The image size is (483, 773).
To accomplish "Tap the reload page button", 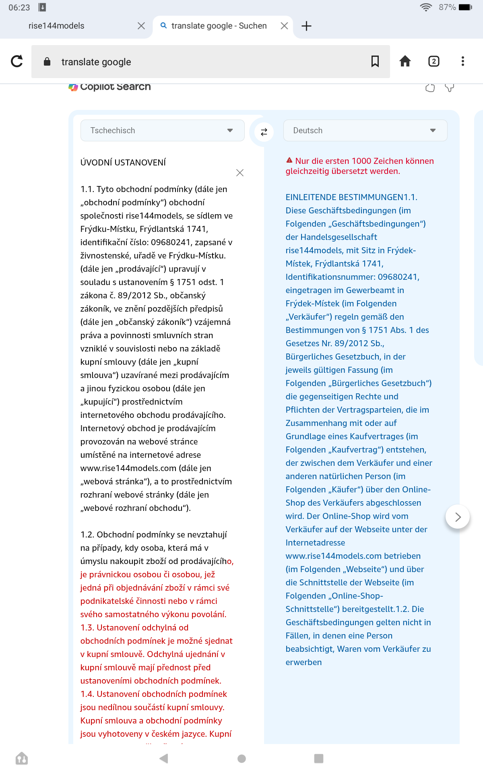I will pyautogui.click(x=17, y=61).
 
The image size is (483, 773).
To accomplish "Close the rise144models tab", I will pyautogui.click(x=141, y=26).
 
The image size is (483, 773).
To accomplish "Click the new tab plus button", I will pyautogui.click(x=306, y=26).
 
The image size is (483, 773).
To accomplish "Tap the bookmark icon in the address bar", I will pyautogui.click(x=375, y=61).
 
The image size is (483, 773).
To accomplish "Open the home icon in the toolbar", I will pyautogui.click(x=405, y=61).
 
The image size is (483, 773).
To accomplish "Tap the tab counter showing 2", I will pyautogui.click(x=433, y=61).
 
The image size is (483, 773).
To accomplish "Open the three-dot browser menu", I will pyautogui.click(x=463, y=61).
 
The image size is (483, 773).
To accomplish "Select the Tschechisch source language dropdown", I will pyautogui.click(x=162, y=130).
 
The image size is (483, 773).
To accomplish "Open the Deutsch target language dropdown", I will pyautogui.click(x=365, y=130).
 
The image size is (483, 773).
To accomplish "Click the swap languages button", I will pyautogui.click(x=264, y=132).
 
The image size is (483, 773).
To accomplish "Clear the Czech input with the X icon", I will pyautogui.click(x=240, y=173).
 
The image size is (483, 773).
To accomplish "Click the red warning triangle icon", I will pyautogui.click(x=289, y=160).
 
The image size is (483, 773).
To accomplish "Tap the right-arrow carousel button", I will pyautogui.click(x=458, y=517).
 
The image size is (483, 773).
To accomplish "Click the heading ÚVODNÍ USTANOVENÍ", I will pyautogui.click(x=123, y=163).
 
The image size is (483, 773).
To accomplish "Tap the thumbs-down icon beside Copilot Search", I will pyautogui.click(x=450, y=87).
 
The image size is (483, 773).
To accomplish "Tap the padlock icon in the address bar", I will pyautogui.click(x=47, y=62).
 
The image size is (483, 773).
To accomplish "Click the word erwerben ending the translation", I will pyautogui.click(x=303, y=662).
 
